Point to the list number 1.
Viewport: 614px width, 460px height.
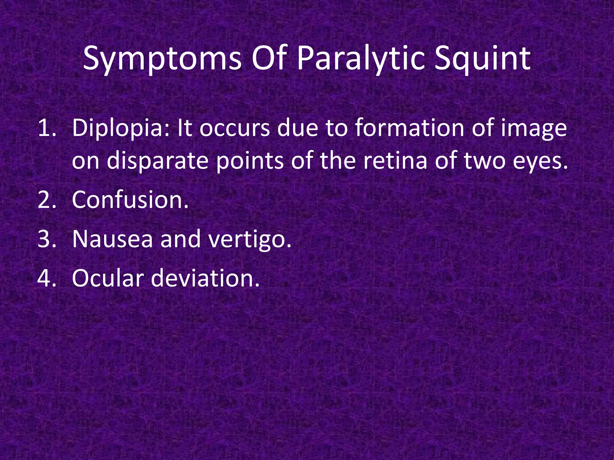pos(47,128)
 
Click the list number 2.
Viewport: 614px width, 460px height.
pos(47,200)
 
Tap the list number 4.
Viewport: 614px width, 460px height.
pos(47,278)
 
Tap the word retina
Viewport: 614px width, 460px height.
pos(395,161)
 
